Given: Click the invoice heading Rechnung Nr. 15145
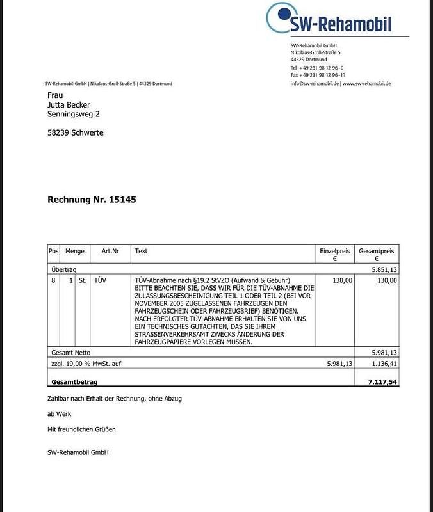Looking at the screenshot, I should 92,200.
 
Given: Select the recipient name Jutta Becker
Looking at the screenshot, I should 69,104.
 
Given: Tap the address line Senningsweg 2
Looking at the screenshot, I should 74,114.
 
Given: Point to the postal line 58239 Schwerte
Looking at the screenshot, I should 76,133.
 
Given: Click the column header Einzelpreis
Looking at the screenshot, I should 334,252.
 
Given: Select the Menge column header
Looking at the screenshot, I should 74,252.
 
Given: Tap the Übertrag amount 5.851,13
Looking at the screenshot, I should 384,270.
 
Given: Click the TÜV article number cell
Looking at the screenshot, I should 100,280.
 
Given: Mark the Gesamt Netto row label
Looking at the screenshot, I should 70,352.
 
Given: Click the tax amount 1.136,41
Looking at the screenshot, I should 384,363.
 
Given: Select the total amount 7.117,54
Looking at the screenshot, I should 382,381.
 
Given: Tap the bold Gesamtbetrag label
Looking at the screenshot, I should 74,381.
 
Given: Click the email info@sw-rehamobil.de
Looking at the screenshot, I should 314,84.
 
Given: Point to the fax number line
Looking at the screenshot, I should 318,76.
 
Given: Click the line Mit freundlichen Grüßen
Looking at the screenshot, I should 82,429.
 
